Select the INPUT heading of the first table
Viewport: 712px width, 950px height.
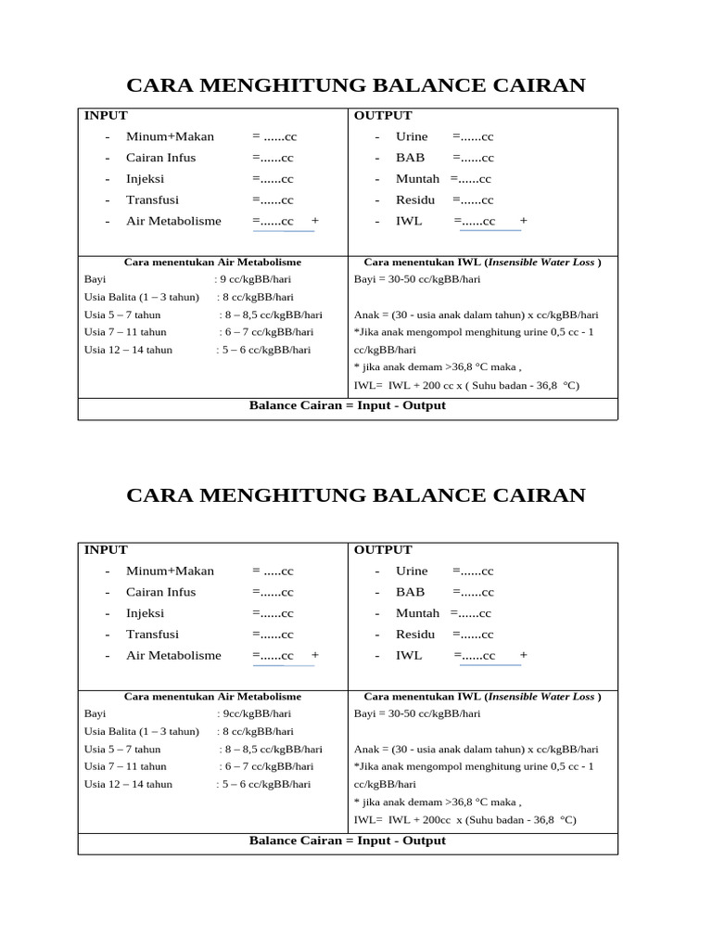pos(106,115)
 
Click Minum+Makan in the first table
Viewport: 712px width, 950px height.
pos(170,136)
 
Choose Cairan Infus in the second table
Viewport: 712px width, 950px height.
pos(160,592)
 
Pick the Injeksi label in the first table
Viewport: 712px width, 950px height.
pos(145,178)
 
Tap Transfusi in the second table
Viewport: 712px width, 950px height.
pos(152,635)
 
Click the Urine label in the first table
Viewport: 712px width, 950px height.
pos(412,136)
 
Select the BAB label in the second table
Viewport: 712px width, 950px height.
pos(410,592)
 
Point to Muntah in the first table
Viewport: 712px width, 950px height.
pos(417,178)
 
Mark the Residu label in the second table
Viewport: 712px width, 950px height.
pos(414,635)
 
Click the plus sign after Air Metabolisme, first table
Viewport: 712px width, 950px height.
pos(315,221)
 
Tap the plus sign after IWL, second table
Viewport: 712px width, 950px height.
pos(524,655)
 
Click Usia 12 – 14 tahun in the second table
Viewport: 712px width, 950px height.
pos(128,784)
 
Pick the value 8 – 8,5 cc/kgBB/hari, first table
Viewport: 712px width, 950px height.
pos(271,315)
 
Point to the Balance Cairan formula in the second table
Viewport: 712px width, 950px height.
pos(348,841)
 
